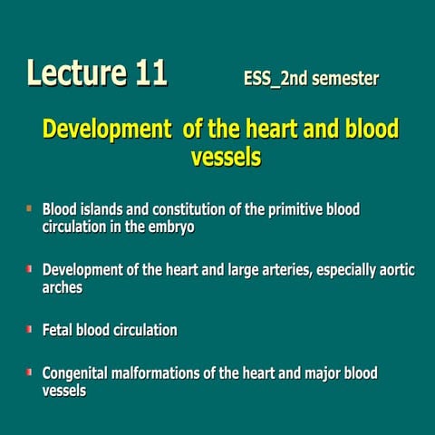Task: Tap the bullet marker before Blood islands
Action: pyautogui.click(x=29, y=209)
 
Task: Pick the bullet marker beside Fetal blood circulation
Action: pyautogui.click(x=29, y=330)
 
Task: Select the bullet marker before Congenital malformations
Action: pyautogui.click(x=29, y=372)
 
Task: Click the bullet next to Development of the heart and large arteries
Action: pyautogui.click(x=29, y=269)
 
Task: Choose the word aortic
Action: pyautogui.click(x=395, y=270)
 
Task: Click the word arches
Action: pyautogui.click(x=63, y=287)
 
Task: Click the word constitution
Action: pyautogui.click(x=188, y=210)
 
